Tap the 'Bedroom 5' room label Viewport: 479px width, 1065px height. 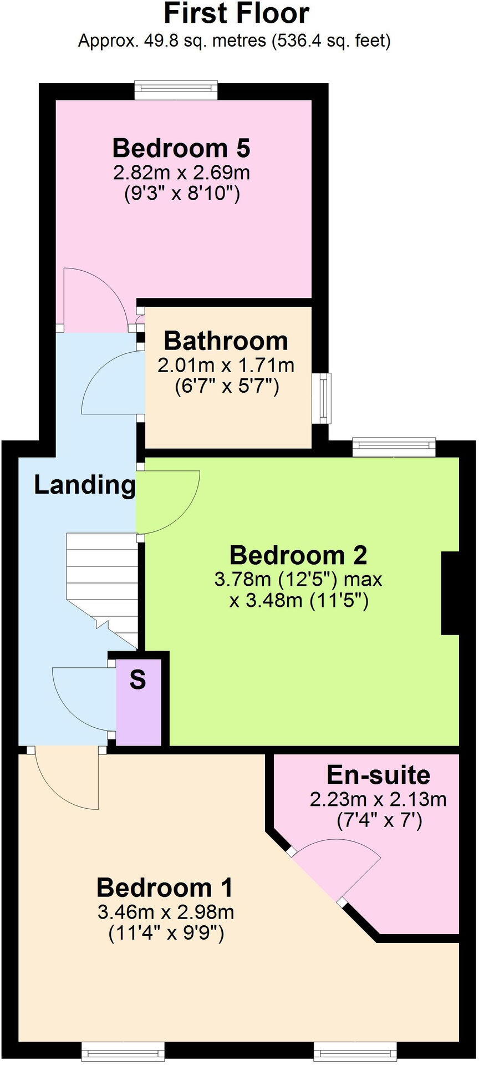pyautogui.click(x=181, y=148)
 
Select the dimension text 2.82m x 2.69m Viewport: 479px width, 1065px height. pyautogui.click(x=181, y=173)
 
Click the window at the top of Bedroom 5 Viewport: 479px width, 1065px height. pyautogui.click(x=176, y=90)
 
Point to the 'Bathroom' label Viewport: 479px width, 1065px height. pyautogui.click(x=226, y=341)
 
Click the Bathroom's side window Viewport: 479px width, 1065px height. pyautogui.click(x=321, y=398)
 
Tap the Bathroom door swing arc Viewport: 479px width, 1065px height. pyautogui.click(x=108, y=383)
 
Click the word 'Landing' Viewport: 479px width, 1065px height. pyautogui.click(x=84, y=485)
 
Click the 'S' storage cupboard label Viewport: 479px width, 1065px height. pyautogui.click(x=137, y=680)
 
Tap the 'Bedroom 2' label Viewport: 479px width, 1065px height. pyautogui.click(x=298, y=555)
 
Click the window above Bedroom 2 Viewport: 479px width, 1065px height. pyautogui.click(x=394, y=448)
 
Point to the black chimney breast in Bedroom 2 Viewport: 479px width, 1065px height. pyautogui.click(x=450, y=592)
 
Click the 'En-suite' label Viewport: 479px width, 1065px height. pyautogui.click(x=378, y=775)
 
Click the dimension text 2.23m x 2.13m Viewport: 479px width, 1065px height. pyautogui.click(x=378, y=799)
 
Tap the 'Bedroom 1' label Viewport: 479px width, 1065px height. pyautogui.click(x=165, y=887)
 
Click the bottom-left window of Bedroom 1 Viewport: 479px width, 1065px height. pyautogui.click(x=123, y=1051)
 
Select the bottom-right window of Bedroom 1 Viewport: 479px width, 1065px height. pyautogui.click(x=355, y=1051)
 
